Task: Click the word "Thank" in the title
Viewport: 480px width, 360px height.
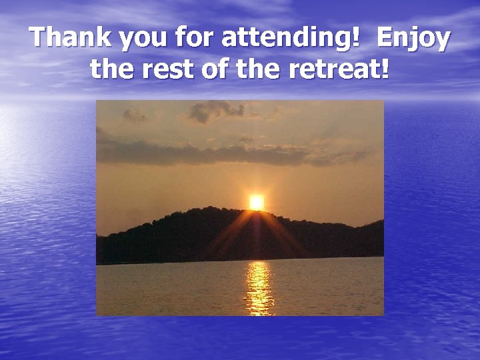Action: (69, 38)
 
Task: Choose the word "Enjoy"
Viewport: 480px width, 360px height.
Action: (413, 40)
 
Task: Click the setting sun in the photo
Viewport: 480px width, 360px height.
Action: (256, 202)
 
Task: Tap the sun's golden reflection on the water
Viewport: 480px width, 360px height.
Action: (259, 288)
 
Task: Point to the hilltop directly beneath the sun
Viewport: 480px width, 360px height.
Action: (256, 216)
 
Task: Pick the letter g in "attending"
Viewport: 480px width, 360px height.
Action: (338, 41)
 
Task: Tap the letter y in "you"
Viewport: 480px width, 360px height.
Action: (123, 41)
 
